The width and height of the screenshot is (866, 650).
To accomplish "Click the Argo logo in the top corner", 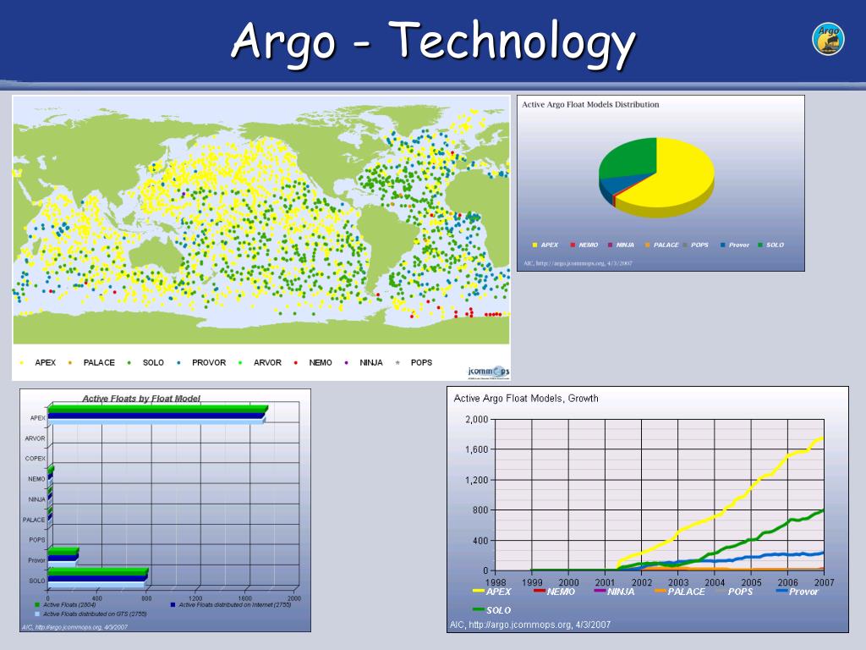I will click(x=828, y=39).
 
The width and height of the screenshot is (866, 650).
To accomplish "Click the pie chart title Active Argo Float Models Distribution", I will click(x=590, y=105).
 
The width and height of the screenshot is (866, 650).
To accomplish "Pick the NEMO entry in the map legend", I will click(x=315, y=362).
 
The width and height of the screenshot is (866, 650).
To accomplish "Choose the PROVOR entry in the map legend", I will click(x=203, y=362).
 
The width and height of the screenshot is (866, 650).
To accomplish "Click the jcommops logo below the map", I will click(x=488, y=371).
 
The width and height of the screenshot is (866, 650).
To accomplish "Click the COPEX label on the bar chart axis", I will click(x=35, y=458).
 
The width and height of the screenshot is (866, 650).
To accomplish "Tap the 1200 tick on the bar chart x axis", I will click(x=197, y=598).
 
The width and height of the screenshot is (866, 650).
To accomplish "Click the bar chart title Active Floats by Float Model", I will click(x=141, y=399).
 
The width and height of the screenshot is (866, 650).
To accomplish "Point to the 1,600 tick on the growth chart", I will click(x=476, y=449).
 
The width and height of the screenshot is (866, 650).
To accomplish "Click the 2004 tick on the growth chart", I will click(x=714, y=582).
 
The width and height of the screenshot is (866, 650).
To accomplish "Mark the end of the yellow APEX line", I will click(x=822, y=438).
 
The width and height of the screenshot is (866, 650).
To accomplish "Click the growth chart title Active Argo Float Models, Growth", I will click(x=526, y=398).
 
